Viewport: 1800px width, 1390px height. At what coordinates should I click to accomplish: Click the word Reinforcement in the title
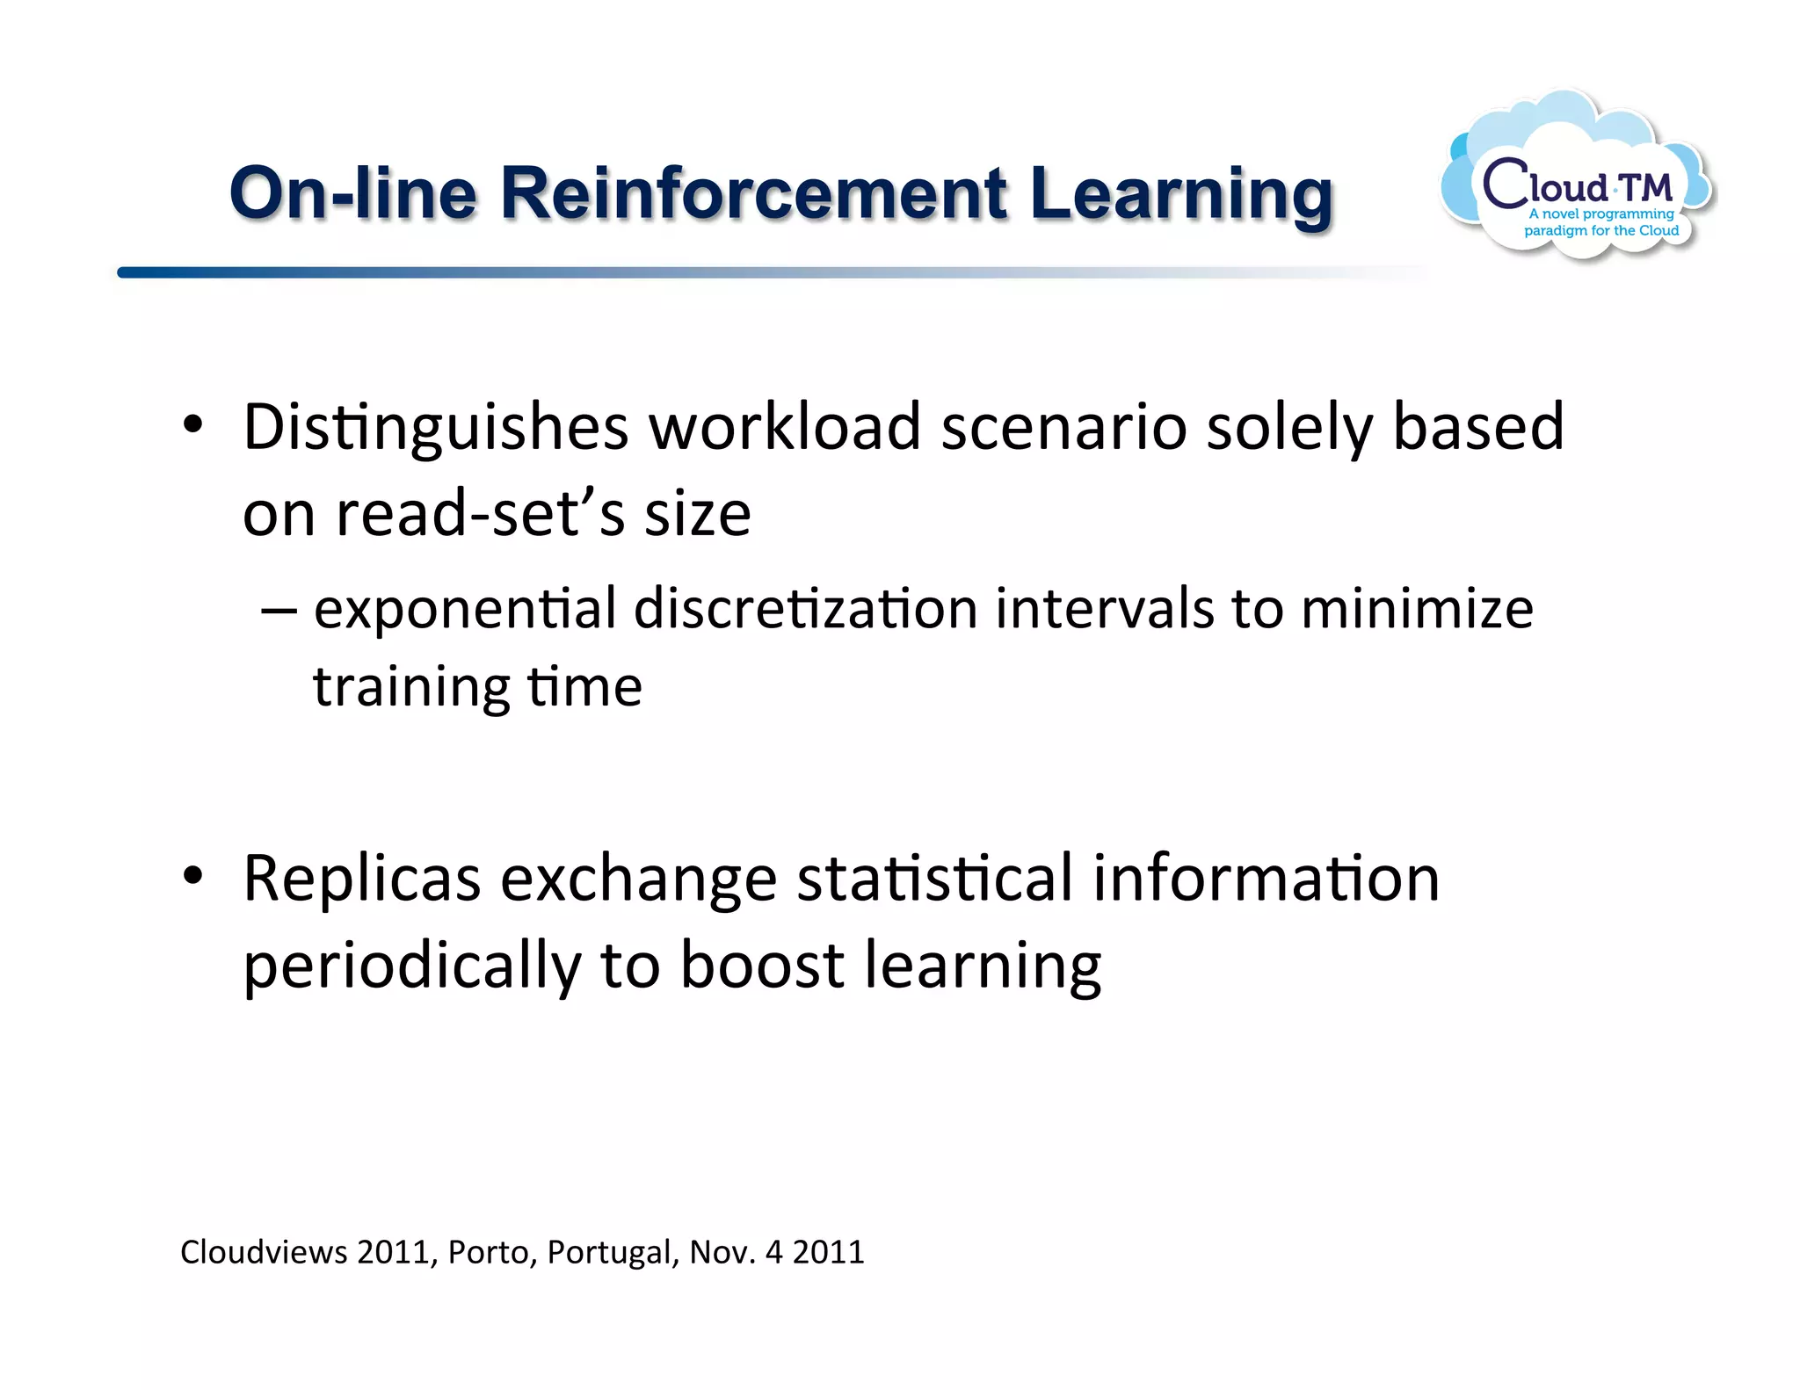(x=753, y=193)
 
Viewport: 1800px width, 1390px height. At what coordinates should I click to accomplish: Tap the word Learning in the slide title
(x=1181, y=195)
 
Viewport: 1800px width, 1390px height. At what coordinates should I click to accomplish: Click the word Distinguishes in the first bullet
(x=436, y=427)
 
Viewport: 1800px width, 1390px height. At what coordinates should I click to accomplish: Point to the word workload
(x=784, y=427)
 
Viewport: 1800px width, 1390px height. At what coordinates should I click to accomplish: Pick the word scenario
(x=1063, y=427)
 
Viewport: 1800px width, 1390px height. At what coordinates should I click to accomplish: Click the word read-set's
(x=481, y=514)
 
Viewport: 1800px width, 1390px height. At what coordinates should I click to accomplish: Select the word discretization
(x=805, y=609)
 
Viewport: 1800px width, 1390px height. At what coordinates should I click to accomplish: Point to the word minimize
(x=1417, y=609)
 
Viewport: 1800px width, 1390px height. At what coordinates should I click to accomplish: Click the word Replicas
(x=362, y=879)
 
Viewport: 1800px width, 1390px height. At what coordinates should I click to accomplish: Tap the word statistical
(x=934, y=879)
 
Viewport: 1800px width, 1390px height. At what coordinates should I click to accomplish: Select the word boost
(x=762, y=965)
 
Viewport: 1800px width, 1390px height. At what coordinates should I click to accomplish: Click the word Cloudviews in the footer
(x=264, y=1252)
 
